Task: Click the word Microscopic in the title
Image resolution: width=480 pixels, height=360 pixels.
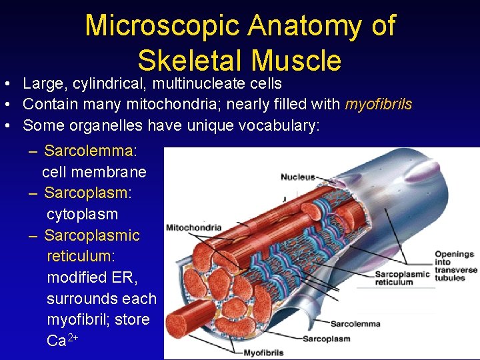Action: [x=161, y=26]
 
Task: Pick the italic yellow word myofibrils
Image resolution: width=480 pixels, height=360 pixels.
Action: [x=378, y=105]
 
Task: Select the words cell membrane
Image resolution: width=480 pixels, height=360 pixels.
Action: [x=94, y=172]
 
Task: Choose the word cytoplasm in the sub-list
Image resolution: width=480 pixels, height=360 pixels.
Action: [x=82, y=214]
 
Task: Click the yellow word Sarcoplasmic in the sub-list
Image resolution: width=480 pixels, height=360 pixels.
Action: [x=92, y=235]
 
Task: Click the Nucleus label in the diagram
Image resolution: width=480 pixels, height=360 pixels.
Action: [x=298, y=177]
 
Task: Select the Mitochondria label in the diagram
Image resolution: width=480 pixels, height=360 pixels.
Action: [x=193, y=227]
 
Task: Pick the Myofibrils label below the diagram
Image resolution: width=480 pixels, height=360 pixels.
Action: [x=263, y=353]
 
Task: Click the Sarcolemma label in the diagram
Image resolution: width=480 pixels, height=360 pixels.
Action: [x=355, y=325]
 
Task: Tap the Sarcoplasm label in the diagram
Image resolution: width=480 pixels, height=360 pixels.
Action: [x=327, y=339]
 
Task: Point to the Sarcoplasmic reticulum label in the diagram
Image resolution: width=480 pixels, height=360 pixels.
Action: [x=403, y=278]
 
